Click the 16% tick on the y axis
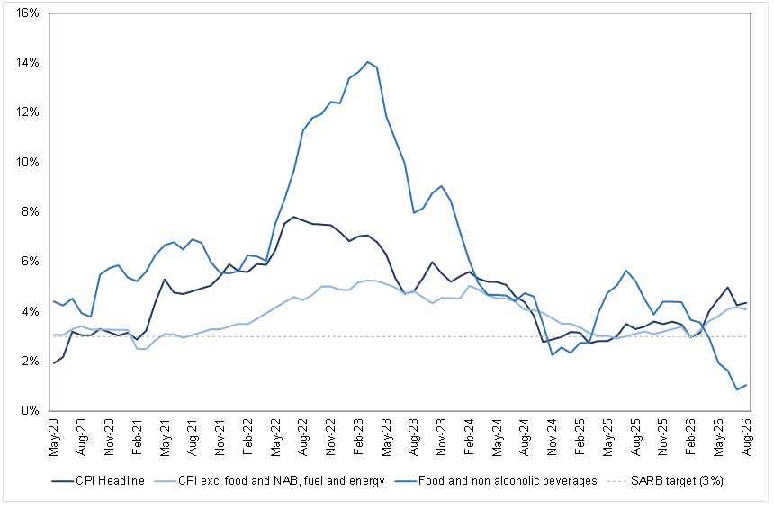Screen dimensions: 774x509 (x=28, y=13)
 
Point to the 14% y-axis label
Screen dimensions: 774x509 (x=28, y=63)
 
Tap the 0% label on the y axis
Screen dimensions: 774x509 (x=31, y=410)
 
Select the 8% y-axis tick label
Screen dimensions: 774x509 (x=31, y=212)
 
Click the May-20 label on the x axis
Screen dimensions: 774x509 (x=53, y=437)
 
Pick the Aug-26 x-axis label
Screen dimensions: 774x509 (x=746, y=437)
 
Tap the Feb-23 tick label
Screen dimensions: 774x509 (x=359, y=437)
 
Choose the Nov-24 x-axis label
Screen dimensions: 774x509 (x=553, y=437)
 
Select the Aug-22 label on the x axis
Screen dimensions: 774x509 (x=303, y=437)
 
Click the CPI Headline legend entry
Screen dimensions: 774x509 (x=98, y=481)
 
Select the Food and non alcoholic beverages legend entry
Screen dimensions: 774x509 (x=496, y=481)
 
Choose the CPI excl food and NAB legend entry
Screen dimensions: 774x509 (x=269, y=481)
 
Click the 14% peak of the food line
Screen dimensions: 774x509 (x=368, y=62)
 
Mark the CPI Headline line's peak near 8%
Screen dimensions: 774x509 (x=294, y=217)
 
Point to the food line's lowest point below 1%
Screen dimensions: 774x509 (x=737, y=389)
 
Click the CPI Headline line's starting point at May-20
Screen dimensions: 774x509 (x=54, y=363)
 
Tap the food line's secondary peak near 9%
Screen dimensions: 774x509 (x=441, y=186)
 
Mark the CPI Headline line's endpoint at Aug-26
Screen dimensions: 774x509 (x=746, y=302)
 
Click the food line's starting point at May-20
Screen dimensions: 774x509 (x=54, y=301)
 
